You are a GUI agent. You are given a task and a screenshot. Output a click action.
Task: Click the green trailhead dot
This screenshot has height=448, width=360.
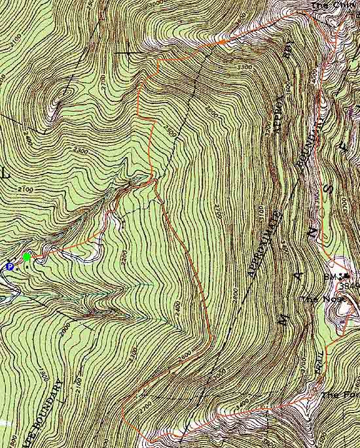click(27, 256)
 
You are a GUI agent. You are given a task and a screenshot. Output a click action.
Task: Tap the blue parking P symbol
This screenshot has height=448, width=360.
click(9, 266)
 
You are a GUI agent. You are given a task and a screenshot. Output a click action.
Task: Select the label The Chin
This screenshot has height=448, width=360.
click(327, 6)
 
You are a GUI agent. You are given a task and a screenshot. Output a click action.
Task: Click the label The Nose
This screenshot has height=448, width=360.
click(314, 299)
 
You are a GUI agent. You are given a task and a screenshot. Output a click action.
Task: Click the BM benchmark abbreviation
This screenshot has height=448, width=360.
click(331, 278)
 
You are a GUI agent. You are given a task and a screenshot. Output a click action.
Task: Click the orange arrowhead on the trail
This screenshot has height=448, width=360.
click(223, 42)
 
